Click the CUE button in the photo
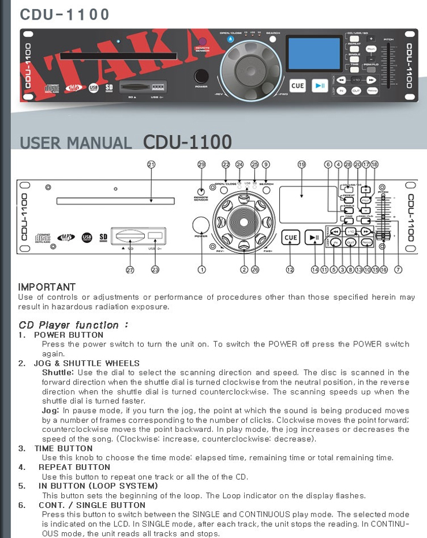[297, 86]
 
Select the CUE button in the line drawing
[291, 238]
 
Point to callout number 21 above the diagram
[151, 164]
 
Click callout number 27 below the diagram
[130, 269]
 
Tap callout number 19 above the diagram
[301, 164]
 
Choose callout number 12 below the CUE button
[290, 269]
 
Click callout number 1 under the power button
[202, 269]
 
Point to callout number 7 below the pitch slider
[398, 269]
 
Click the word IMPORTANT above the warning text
[47, 287]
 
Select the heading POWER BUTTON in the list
[69, 334]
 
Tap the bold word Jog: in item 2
[50, 410]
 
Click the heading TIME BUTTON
[63, 448]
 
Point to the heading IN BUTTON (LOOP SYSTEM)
[98, 486]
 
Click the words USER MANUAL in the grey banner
[76, 142]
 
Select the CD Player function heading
[73, 325]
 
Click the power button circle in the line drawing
[201, 225]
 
